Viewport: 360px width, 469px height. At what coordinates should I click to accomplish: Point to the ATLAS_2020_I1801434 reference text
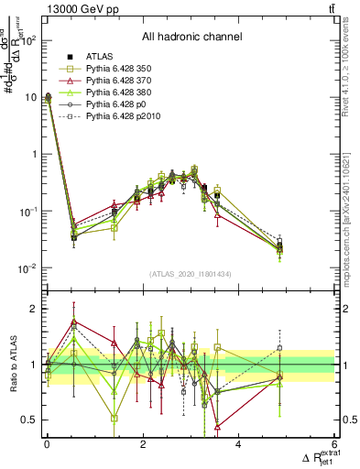click(191, 275)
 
